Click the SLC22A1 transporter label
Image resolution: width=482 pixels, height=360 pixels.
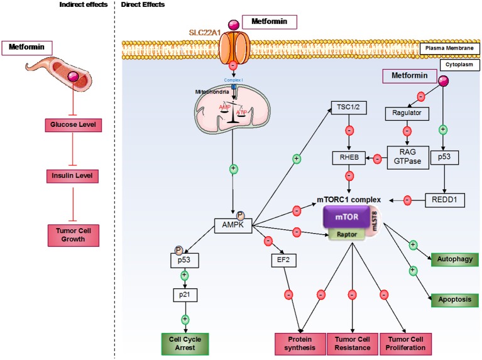pos(202,30)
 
